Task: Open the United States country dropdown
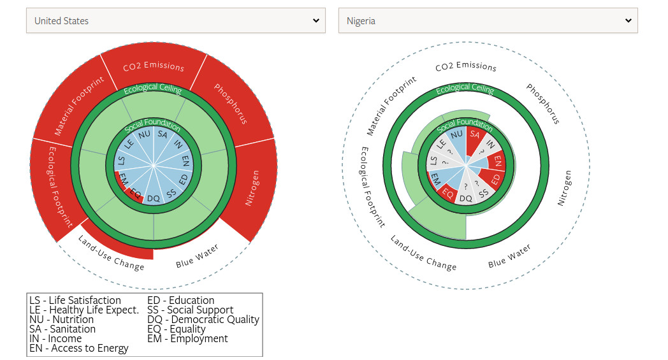175,21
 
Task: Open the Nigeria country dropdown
488,21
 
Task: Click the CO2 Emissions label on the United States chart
154,66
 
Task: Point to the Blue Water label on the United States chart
197,256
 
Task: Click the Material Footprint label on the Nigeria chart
391,106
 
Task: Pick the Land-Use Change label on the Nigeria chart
423,252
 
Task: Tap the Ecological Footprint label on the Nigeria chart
372,187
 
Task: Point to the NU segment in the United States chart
145,134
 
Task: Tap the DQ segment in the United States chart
154,198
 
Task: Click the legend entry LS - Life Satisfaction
75,300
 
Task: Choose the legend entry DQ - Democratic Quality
203,319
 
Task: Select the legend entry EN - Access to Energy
79,348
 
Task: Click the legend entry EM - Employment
187,338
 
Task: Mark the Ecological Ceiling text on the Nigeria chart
465,89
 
